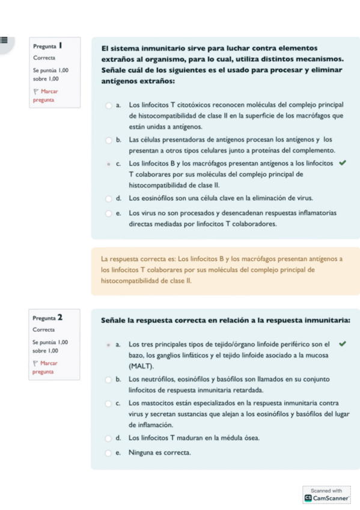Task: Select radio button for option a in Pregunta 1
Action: coord(109,104)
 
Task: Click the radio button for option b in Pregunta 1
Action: coord(109,140)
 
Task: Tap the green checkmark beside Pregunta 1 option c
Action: coord(343,162)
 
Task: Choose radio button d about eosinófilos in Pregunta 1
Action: coord(109,198)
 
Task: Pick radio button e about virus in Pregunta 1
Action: coord(109,212)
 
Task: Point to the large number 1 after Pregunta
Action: coord(61,45)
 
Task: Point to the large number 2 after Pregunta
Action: coord(61,317)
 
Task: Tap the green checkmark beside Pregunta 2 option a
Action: coord(343,345)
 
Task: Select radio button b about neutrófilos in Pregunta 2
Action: coord(109,379)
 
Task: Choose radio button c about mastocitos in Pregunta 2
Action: coord(109,402)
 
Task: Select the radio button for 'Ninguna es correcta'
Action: coord(109,452)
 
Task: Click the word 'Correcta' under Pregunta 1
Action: coord(44,58)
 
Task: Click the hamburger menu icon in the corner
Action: coord(4,40)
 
